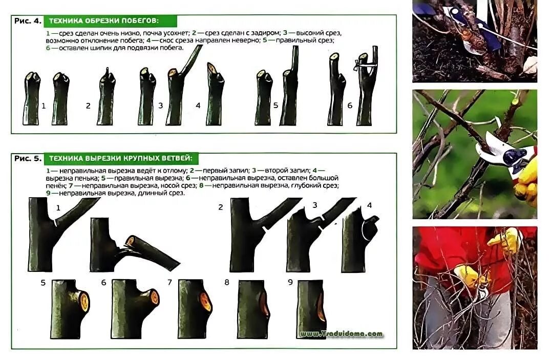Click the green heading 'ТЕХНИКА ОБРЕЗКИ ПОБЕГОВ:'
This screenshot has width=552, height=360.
103,21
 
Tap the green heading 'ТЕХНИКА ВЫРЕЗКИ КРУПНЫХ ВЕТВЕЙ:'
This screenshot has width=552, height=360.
121,158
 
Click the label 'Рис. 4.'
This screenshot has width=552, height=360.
28,21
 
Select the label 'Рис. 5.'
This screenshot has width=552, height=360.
28,158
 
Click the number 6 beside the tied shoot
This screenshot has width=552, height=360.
350,105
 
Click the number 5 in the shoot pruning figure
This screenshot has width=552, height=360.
275,105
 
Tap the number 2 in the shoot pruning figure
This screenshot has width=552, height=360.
88,105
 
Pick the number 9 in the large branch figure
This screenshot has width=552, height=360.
290,282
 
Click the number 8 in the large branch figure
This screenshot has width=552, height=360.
227,282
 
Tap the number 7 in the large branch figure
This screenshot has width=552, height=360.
169,283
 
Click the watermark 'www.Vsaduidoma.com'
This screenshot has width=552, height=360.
341,333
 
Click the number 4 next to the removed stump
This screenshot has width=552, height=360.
369,205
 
